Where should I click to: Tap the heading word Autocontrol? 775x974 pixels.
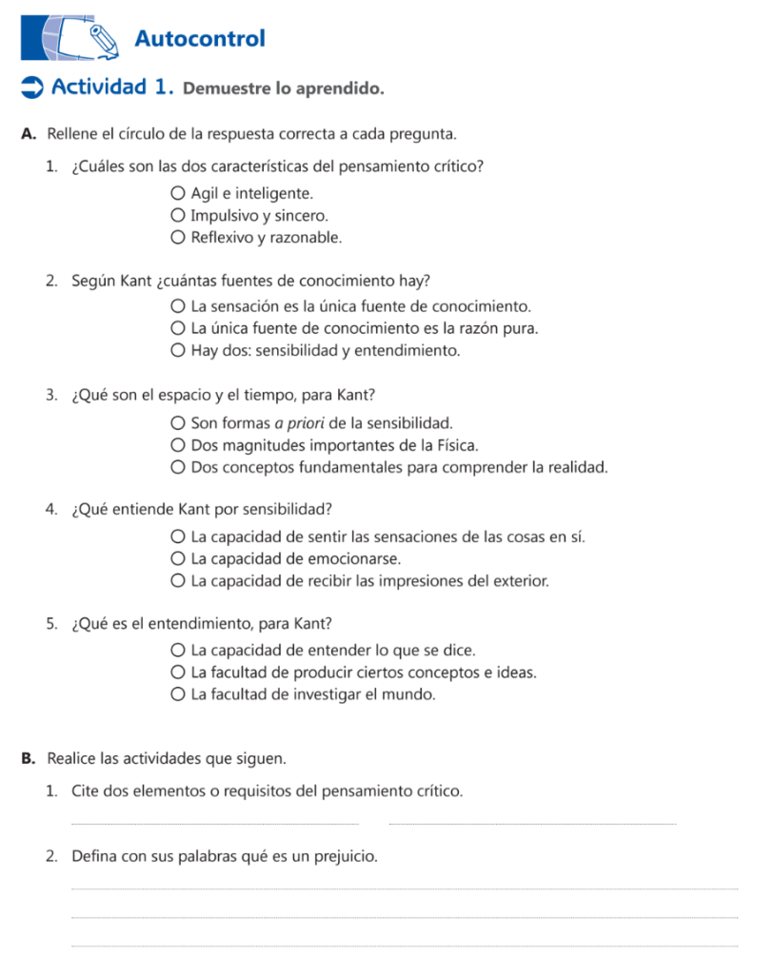point(200,39)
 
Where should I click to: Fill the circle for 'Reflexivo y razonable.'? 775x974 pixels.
point(178,238)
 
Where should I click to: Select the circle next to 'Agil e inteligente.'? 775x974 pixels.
point(178,194)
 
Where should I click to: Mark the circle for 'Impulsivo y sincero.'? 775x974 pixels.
point(178,216)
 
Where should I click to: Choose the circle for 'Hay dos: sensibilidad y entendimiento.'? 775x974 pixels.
point(178,351)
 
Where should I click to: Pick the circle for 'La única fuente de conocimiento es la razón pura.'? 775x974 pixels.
point(178,329)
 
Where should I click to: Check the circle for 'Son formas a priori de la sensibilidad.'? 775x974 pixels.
point(178,422)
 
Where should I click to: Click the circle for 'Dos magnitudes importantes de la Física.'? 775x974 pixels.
point(178,444)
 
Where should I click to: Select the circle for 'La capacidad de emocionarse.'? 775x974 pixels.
point(178,558)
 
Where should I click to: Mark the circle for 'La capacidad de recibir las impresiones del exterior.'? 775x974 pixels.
point(178,580)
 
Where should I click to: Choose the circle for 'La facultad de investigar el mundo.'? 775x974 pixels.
point(178,694)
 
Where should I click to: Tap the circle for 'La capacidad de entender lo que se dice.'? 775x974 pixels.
point(178,651)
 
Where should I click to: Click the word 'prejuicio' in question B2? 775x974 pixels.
point(347,857)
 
